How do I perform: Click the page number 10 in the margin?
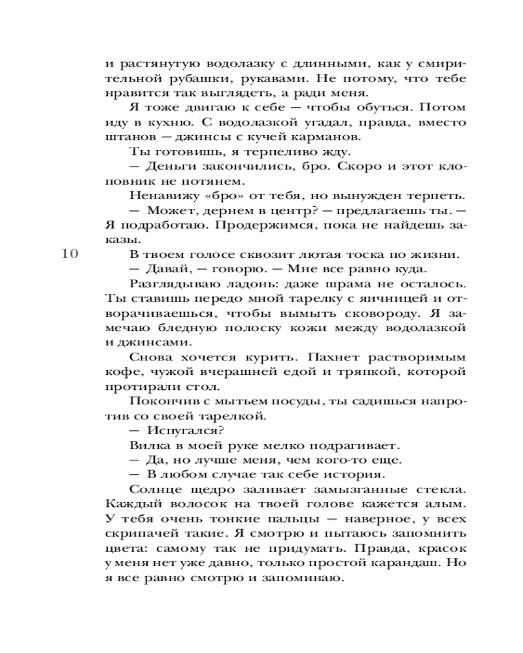click(69, 255)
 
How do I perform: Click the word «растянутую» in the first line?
click(150, 64)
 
